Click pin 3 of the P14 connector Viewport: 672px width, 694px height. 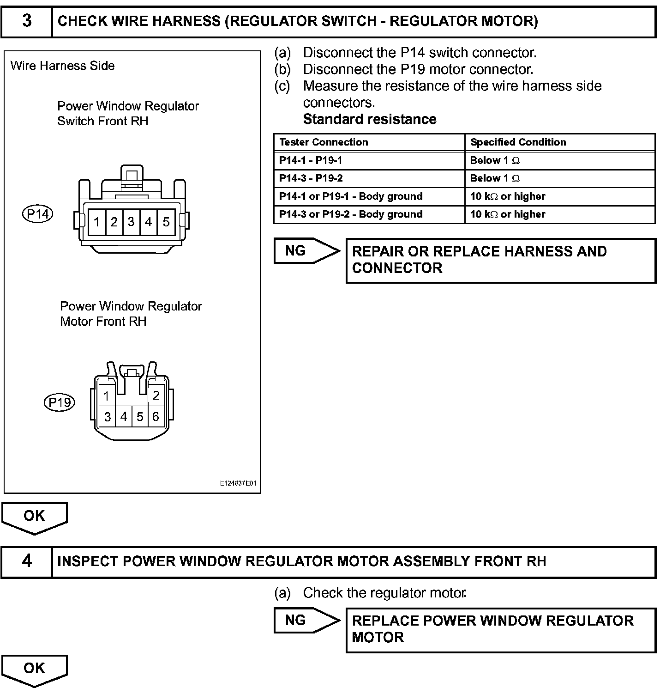point(131,222)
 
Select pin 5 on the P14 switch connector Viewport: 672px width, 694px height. point(166,222)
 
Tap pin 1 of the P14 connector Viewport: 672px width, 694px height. point(96,222)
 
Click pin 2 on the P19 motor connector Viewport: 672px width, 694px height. point(156,395)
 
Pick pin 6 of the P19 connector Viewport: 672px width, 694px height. point(156,417)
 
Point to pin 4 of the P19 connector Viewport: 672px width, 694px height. point(124,417)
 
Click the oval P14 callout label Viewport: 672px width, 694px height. point(38,214)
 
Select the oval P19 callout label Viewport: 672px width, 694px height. point(60,403)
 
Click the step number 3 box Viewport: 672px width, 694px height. point(27,21)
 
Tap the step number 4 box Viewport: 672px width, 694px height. point(27,561)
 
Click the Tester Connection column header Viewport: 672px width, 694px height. point(324,142)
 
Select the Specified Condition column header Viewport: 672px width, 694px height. point(518,142)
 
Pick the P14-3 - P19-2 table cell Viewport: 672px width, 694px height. point(311,178)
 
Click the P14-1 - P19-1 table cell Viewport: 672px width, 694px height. point(311,160)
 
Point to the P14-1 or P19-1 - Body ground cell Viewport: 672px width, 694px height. point(351,196)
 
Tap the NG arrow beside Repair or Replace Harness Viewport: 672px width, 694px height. point(305,251)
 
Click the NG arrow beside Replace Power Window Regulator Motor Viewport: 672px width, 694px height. point(305,620)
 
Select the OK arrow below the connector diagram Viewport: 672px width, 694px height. point(35,517)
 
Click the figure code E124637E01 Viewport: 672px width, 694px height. point(238,483)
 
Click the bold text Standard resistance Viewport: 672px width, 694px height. point(370,119)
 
